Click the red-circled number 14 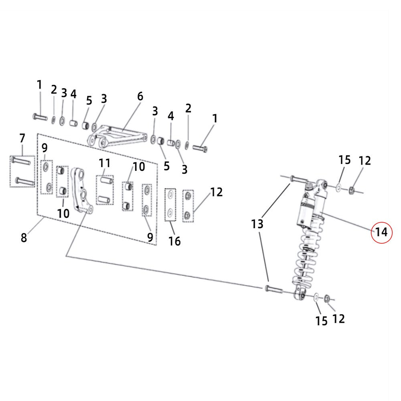(x=381, y=232)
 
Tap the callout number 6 (x=140, y=96)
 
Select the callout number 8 (x=24, y=237)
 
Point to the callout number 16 (x=174, y=241)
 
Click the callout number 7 (x=22, y=138)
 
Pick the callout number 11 (x=105, y=163)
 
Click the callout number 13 (x=257, y=224)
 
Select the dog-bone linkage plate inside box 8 (x=81, y=189)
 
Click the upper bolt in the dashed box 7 (x=21, y=161)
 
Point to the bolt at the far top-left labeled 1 (x=41, y=117)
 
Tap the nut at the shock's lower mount (x=327, y=298)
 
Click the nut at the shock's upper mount (x=351, y=190)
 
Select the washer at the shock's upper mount (x=338, y=187)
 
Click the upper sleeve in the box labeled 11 (x=106, y=180)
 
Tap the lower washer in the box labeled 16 (x=170, y=212)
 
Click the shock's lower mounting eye (x=300, y=295)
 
